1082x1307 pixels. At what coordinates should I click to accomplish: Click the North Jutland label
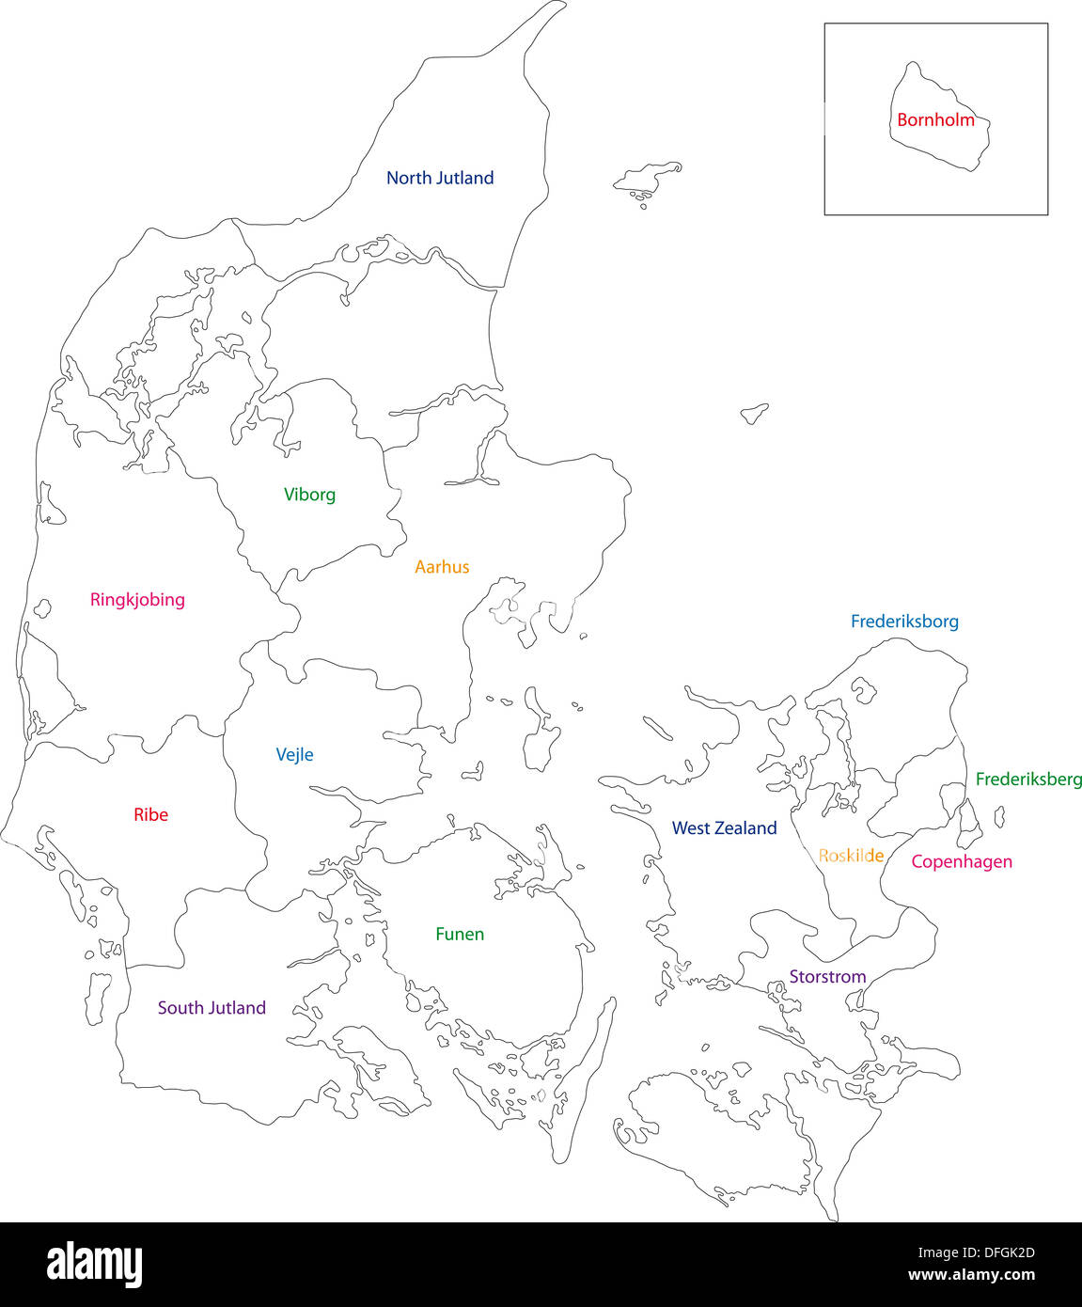[440, 178]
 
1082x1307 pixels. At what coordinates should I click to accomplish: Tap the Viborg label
[309, 495]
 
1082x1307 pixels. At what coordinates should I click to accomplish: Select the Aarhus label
[442, 567]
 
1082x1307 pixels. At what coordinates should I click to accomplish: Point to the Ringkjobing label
[137, 600]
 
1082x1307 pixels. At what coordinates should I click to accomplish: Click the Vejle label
[294, 755]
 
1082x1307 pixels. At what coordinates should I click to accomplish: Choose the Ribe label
[150, 815]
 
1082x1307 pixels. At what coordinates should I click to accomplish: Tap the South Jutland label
[212, 1008]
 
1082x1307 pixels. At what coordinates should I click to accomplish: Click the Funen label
[460, 935]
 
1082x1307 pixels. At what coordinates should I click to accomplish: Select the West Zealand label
[724, 828]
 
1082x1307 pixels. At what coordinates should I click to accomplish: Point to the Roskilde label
[851, 856]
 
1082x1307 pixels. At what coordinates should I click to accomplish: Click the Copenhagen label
[962, 861]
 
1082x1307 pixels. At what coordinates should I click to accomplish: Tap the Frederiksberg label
[1027, 779]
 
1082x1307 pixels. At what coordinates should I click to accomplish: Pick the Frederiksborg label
[904, 622]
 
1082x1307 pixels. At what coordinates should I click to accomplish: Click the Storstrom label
[827, 977]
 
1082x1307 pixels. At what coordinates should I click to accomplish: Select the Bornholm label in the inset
[935, 120]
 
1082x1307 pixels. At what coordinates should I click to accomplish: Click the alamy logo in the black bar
[94, 1265]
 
